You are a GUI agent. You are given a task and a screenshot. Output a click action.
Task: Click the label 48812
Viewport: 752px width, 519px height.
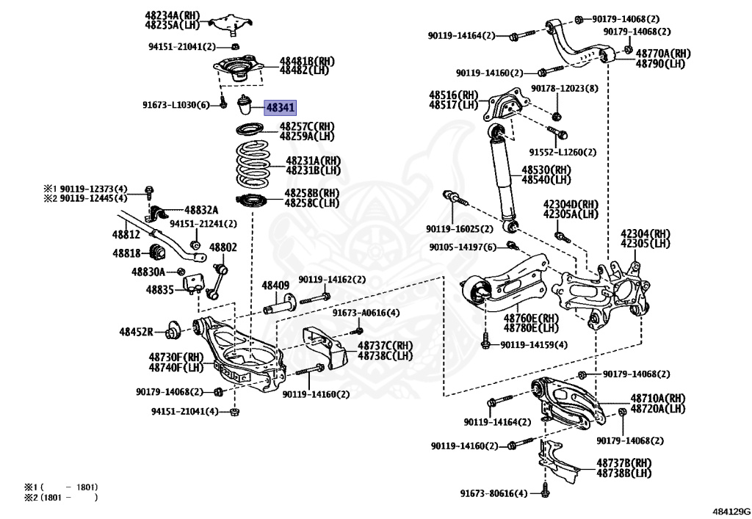click(x=126, y=234)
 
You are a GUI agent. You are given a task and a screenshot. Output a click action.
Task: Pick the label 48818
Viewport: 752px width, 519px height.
click(x=126, y=253)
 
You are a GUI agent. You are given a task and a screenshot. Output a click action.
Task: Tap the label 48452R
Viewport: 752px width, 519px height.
click(x=137, y=332)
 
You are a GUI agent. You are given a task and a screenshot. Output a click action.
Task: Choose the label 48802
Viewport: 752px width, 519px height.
click(x=223, y=247)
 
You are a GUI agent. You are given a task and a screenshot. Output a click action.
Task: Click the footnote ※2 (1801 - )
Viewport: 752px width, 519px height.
click(x=60, y=498)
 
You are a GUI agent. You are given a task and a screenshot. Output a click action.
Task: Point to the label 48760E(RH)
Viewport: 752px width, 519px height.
click(x=530, y=319)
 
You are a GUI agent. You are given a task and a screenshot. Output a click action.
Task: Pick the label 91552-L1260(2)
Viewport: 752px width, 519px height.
click(x=562, y=153)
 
